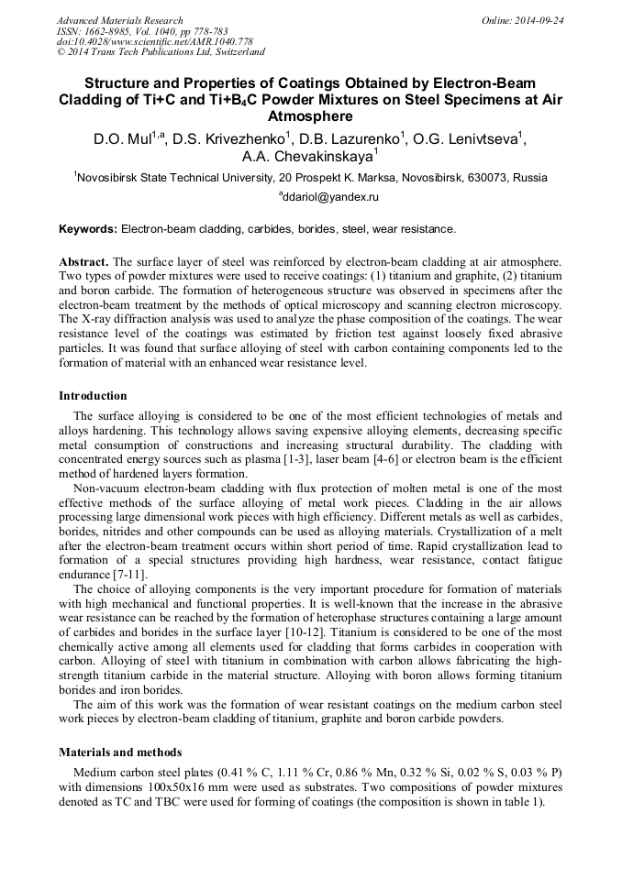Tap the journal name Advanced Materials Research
point(119,20)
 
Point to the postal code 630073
point(490,178)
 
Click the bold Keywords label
point(88,229)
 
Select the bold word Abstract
point(83,261)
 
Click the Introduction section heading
point(93,396)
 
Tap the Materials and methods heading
point(120,752)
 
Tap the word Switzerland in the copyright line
point(237,52)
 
